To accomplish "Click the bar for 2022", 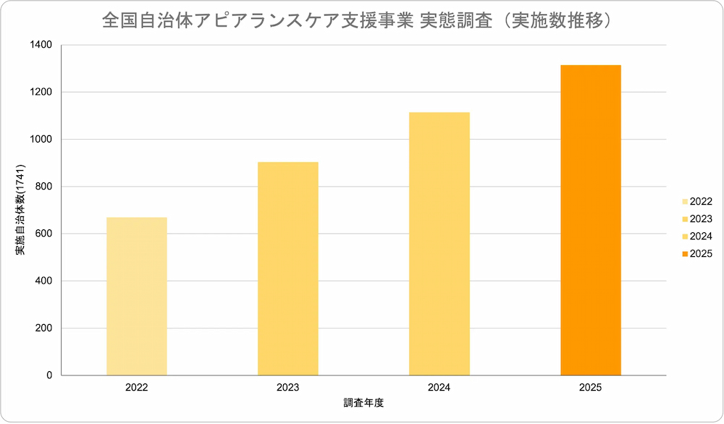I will click(136, 296).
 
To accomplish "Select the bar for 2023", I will click(288, 268).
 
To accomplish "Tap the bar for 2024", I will click(439, 244).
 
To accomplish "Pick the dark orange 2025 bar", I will click(591, 220).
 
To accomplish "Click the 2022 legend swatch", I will click(684, 202).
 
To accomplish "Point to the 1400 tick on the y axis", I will click(41, 45).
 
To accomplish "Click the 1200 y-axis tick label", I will click(41, 92).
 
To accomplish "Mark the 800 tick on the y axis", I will click(44, 187).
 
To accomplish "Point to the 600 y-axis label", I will click(44, 234).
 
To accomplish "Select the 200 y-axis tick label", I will click(44, 328).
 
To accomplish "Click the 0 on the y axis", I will click(49, 376).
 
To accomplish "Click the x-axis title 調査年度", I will click(363, 402).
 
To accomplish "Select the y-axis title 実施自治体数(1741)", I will click(21, 211).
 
